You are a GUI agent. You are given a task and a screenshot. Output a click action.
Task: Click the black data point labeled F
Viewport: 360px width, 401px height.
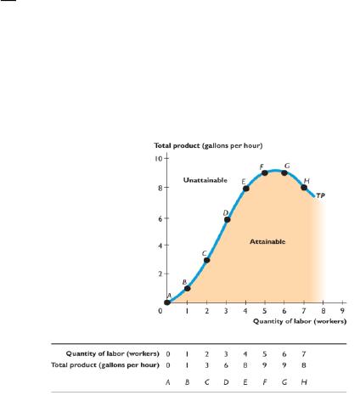(265, 172)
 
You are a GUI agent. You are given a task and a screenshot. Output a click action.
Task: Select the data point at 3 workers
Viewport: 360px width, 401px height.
(227, 219)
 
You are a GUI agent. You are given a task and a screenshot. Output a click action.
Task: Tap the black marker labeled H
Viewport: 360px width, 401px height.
(304, 188)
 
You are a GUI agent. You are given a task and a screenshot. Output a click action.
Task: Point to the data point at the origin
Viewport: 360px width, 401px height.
(167, 302)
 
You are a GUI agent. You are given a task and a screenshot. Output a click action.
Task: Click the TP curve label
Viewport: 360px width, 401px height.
(320, 195)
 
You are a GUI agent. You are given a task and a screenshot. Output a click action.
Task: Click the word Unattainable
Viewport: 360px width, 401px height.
(205, 180)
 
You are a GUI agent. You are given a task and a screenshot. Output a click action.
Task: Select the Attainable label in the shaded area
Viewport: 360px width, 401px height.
(267, 241)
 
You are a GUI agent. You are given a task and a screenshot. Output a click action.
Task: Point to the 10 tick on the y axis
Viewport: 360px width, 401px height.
(159, 158)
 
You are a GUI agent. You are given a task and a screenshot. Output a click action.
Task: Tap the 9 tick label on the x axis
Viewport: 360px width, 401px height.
(342, 311)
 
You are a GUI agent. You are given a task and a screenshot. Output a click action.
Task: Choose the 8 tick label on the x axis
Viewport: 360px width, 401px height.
(323, 311)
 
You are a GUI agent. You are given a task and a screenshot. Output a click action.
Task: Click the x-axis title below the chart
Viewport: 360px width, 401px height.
(300, 321)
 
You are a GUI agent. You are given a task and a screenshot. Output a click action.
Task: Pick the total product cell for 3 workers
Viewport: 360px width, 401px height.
(226, 365)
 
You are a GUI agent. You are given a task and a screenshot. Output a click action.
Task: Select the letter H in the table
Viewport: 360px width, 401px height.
(304, 382)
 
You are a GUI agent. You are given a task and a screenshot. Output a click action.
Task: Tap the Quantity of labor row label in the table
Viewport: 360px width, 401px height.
(112, 353)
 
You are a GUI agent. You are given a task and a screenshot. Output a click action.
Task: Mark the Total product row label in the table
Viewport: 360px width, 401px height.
(105, 365)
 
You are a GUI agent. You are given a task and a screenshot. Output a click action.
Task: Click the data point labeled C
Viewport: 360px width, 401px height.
(207, 260)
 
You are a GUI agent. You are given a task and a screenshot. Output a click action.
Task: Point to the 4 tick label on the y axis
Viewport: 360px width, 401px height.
(160, 246)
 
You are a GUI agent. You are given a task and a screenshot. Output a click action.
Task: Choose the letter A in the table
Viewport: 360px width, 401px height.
(168, 382)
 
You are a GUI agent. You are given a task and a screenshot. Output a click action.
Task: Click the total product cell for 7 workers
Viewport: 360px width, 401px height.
(304, 365)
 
